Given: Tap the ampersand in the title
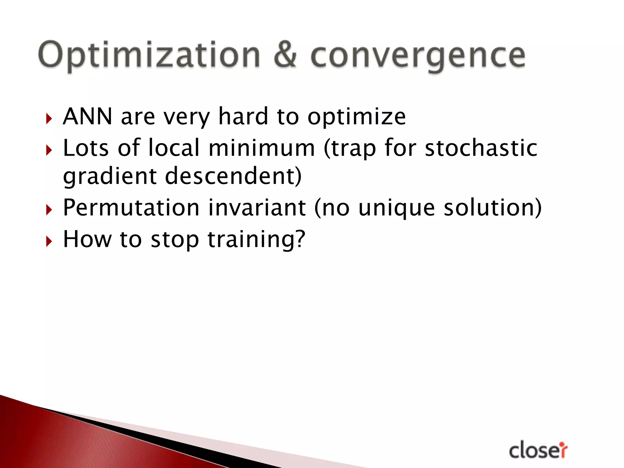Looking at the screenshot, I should [285, 55].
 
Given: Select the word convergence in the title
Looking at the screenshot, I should [418, 56].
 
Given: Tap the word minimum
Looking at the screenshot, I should [262, 148].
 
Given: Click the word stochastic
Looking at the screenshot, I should [481, 148].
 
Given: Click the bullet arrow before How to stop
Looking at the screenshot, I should [49, 241].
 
